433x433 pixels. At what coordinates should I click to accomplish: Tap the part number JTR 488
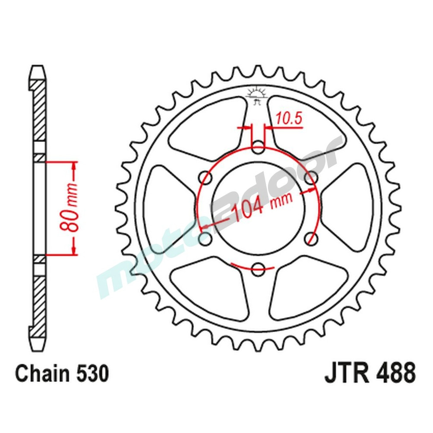tap(370, 373)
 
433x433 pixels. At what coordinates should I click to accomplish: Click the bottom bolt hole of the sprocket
tap(258, 268)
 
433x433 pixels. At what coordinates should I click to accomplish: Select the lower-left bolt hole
tap(206, 238)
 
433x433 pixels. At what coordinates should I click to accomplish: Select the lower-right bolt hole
tap(310, 238)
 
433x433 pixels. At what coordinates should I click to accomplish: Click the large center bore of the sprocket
tap(258, 207)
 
